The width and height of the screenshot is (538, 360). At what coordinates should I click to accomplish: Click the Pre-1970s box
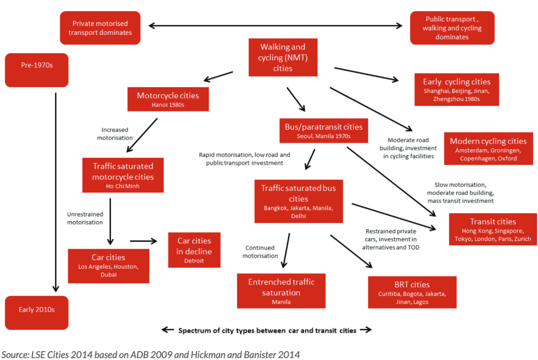(36, 70)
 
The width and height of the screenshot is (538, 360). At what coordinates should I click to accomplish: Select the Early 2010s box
(36, 313)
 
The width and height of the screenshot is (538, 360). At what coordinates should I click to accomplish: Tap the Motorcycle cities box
(168, 99)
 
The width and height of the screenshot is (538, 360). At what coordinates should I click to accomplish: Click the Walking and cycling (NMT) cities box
(282, 58)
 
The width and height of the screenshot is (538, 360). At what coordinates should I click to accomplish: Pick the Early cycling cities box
(456, 89)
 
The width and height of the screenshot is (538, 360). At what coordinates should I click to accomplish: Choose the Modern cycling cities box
(488, 149)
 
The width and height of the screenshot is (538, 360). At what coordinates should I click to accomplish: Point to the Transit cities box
(493, 229)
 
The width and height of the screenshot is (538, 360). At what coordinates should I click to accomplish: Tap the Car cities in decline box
(194, 250)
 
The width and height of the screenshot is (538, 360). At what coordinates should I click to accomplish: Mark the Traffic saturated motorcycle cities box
(123, 176)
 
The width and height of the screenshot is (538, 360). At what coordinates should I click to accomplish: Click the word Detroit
(194, 261)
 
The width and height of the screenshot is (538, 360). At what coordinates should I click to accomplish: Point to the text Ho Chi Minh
(123, 187)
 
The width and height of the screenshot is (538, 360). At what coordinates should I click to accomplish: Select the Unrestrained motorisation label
(85, 218)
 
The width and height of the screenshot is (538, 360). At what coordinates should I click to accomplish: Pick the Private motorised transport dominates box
(100, 28)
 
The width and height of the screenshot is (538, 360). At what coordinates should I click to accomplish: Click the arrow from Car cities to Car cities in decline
(144, 241)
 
